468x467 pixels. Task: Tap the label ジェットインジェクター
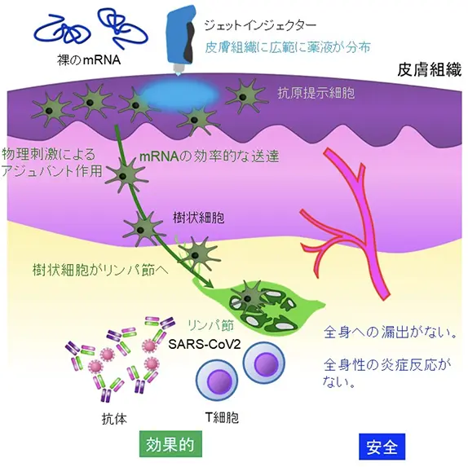(260, 25)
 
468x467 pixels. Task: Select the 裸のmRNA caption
(89, 60)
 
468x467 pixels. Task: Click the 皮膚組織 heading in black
(429, 69)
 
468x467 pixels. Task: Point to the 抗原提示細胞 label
(316, 93)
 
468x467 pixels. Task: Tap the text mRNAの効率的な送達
(209, 156)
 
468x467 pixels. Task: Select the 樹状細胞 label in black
(198, 218)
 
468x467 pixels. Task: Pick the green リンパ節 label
(211, 325)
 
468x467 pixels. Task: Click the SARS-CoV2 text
(205, 344)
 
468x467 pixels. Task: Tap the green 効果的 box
(170, 443)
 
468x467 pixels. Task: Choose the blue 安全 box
(382, 447)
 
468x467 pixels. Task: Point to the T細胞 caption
(222, 417)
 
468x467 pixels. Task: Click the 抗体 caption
(114, 419)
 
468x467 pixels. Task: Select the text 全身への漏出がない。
(391, 333)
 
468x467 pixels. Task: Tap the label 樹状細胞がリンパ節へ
(100, 270)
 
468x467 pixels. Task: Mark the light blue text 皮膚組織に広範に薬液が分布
(288, 47)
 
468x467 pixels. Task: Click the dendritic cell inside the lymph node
(247, 297)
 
